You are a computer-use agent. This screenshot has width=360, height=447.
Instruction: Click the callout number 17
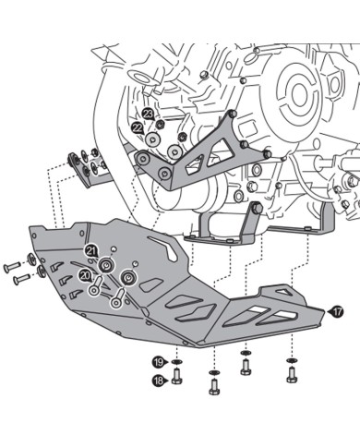pyautogui.click(x=338, y=312)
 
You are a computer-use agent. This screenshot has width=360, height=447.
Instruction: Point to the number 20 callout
pyautogui.click(x=85, y=275)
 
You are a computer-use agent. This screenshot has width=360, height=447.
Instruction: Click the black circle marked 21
pyautogui.click(x=90, y=251)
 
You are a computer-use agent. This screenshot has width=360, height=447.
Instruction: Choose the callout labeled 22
pyautogui.click(x=137, y=128)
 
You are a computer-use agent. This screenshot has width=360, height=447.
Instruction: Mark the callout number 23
pyautogui.click(x=148, y=114)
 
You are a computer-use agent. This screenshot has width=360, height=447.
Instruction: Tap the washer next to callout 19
pyautogui.click(x=178, y=361)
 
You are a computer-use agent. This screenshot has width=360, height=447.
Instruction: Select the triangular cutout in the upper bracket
pyautogui.click(x=195, y=165)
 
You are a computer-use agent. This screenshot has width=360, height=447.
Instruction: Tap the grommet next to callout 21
pyautogui.click(x=107, y=267)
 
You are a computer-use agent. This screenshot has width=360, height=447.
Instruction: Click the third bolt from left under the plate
pyautogui.click(x=245, y=368)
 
